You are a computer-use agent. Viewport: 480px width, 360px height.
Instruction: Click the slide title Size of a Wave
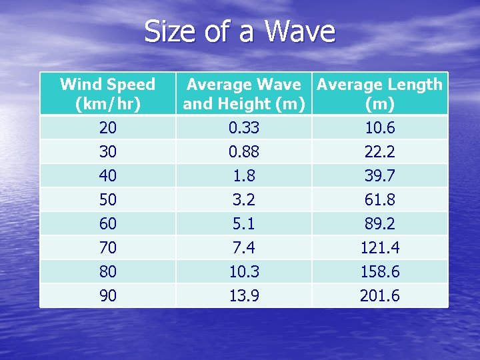[x=239, y=32]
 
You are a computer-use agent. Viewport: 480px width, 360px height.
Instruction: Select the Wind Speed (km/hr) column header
[x=107, y=94]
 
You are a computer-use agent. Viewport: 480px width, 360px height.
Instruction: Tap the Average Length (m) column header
[x=379, y=94]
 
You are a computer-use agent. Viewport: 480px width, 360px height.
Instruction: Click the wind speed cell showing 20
[x=107, y=127]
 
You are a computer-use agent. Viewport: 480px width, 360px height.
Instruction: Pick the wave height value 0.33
[x=244, y=127]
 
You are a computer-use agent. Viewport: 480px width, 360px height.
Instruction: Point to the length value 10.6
[x=379, y=127]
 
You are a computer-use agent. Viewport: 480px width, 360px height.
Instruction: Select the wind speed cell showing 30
[x=107, y=152]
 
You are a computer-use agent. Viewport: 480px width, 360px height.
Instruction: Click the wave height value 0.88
[x=244, y=152]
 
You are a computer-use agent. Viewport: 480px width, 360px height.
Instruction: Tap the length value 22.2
[x=379, y=152]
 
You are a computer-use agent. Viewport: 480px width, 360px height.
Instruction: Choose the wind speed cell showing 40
[x=107, y=176]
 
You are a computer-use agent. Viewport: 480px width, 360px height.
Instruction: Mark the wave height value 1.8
[x=244, y=176]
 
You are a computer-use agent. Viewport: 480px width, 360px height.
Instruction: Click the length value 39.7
[x=379, y=176]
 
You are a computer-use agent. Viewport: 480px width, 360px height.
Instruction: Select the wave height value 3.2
[x=244, y=200]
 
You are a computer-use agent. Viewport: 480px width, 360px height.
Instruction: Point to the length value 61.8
[x=379, y=200]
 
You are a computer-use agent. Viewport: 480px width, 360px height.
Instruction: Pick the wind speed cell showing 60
[x=107, y=224]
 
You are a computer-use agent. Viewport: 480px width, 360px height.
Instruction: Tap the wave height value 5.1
[x=244, y=224]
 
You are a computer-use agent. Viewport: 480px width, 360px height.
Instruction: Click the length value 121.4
[x=379, y=248]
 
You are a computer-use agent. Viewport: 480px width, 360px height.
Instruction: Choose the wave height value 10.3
[x=244, y=272]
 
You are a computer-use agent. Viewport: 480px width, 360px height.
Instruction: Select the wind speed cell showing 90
[x=107, y=296]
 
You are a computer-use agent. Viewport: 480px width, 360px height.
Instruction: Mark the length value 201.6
[x=379, y=296]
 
